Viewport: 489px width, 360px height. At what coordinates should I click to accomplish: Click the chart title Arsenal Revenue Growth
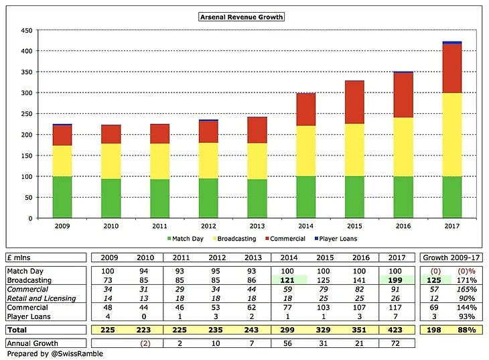[242, 17]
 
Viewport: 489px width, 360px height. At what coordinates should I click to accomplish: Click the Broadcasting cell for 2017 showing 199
[394, 279]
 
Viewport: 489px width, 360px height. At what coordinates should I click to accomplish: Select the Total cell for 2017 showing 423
[394, 330]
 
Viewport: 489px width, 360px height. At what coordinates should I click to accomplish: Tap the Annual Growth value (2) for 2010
[143, 343]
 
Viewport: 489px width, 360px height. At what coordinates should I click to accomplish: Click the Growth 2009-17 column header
[449, 257]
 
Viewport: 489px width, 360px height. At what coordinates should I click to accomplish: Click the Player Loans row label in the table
[29, 316]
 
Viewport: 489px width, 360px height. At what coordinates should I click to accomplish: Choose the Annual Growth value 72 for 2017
[394, 343]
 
